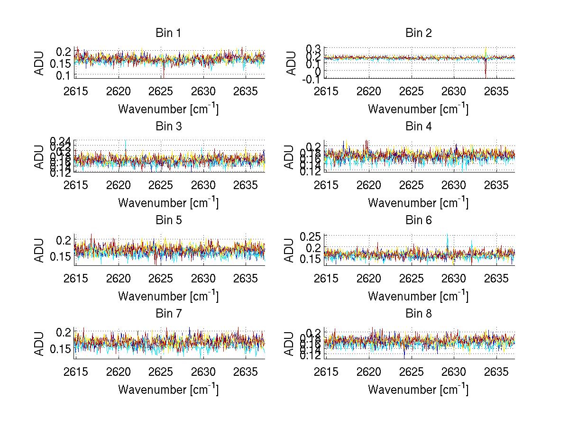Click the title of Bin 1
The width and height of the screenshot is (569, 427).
(x=168, y=33)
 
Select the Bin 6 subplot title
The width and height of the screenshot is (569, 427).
(x=418, y=220)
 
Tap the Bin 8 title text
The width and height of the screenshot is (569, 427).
(x=418, y=314)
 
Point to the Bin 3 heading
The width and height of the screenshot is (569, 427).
(x=168, y=127)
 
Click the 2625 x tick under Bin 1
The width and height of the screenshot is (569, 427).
(x=161, y=91)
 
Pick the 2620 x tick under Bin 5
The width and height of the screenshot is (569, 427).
(x=119, y=278)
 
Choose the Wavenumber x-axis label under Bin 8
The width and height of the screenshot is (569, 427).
(x=418, y=390)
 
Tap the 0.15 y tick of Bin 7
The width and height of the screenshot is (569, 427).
(x=62, y=349)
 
